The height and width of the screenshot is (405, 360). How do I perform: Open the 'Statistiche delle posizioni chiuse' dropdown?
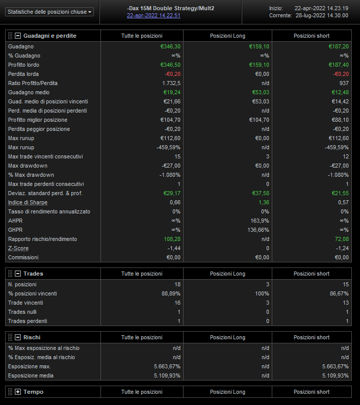pos(50,12)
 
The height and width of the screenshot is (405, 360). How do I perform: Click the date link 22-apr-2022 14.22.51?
pos(153,15)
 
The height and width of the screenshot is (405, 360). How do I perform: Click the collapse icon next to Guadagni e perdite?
pos(18,36)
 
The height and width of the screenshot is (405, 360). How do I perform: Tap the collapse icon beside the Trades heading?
pos(18,274)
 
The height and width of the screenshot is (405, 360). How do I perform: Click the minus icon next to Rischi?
pos(18,337)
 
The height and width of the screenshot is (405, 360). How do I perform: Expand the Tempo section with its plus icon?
pos(18,392)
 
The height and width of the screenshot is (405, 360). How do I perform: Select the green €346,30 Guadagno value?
pos(170,46)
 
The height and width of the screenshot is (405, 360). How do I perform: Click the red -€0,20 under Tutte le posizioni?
pos(171,74)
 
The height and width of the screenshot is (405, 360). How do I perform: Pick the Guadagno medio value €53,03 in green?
pos(259,92)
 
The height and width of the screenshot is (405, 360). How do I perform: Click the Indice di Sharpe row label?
pos(28,202)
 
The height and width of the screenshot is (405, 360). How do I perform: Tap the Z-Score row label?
pos(18,248)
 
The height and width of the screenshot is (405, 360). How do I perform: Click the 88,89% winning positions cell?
pos(170,293)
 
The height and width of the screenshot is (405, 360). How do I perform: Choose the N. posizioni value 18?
pos(177,284)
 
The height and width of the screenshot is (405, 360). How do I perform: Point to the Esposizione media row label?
pos(31,375)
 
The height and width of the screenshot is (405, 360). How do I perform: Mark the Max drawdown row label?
pos(28,166)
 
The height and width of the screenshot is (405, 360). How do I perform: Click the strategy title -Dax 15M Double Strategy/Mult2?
pos(177,9)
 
